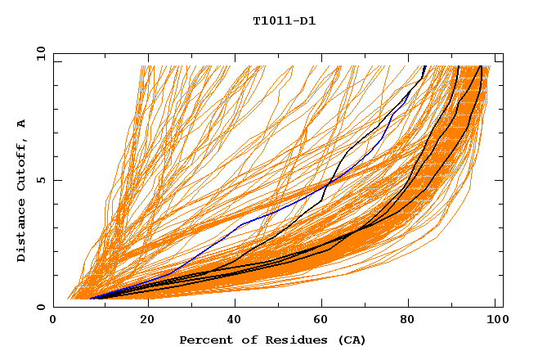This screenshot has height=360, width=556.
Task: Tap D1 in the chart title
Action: [x=307, y=20]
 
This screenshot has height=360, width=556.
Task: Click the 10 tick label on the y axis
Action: [x=38, y=53]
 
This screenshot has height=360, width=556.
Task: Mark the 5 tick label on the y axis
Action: [x=43, y=180]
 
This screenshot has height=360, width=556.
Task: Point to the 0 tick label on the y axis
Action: [x=43, y=307]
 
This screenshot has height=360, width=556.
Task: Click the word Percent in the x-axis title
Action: [x=204, y=340]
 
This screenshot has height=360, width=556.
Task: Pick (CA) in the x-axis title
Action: [x=349, y=340]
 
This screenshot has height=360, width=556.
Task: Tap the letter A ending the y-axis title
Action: [x=22, y=123]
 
